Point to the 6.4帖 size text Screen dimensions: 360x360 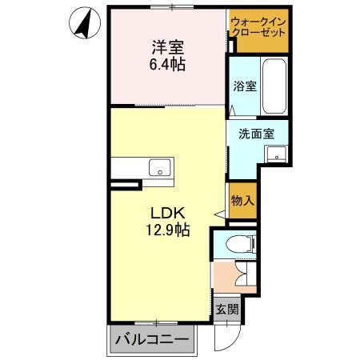[x=166, y=65]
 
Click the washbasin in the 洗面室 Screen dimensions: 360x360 [x=277, y=154]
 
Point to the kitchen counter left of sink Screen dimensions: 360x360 [x=128, y=168]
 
